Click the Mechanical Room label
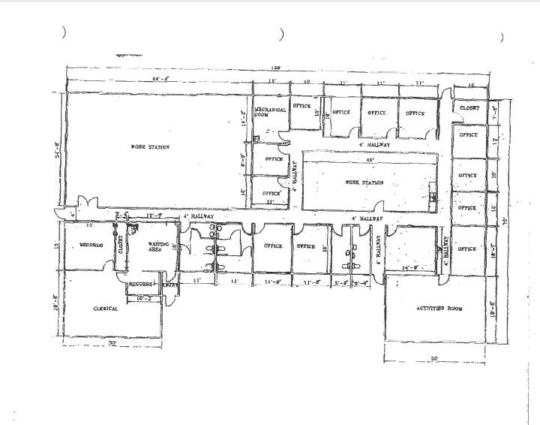tap(270, 112)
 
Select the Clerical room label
tap(106, 309)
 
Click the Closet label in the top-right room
tap(469, 108)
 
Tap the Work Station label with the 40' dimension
tap(364, 182)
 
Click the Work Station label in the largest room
tap(150, 147)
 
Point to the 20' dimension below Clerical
tap(112, 342)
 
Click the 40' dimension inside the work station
tap(368, 159)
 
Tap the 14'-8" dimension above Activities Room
tap(409, 267)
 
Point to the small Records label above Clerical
tap(140, 285)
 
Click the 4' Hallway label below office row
tap(370, 143)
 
